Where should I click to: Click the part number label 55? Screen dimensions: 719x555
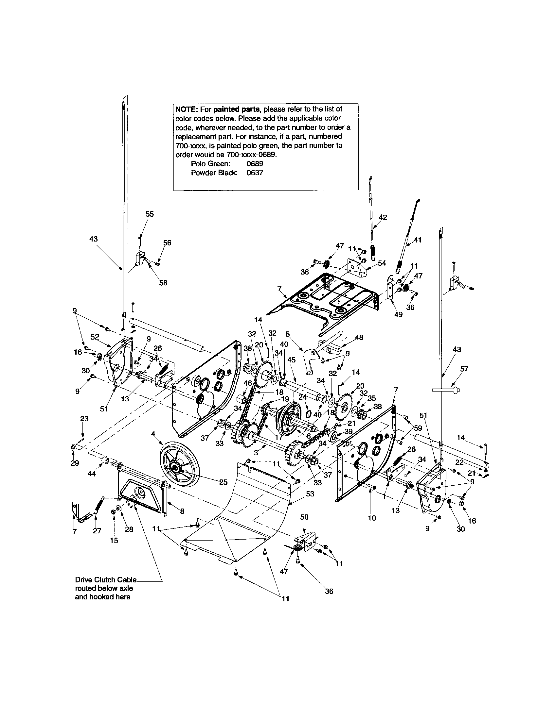(x=150, y=214)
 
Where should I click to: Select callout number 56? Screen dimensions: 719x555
(x=167, y=243)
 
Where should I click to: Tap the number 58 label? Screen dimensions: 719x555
(x=163, y=282)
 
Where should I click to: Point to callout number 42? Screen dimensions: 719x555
(x=383, y=217)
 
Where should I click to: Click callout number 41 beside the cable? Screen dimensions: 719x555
(x=418, y=240)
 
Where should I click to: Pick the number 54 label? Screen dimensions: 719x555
(x=382, y=263)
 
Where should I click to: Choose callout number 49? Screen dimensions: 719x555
(x=399, y=314)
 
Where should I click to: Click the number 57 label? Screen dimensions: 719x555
(x=464, y=369)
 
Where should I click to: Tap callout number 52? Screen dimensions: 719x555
(x=95, y=336)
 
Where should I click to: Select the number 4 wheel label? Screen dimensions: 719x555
(x=153, y=434)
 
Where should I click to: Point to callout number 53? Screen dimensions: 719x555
(x=310, y=494)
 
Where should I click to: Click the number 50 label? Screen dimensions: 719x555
(x=304, y=517)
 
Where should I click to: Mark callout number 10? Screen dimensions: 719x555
(x=371, y=518)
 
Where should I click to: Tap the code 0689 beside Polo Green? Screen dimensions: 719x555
(x=255, y=164)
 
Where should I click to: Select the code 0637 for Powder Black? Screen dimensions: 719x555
(x=255, y=173)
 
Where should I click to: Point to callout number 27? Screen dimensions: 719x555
(x=97, y=531)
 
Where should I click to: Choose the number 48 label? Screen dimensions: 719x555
(x=359, y=338)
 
